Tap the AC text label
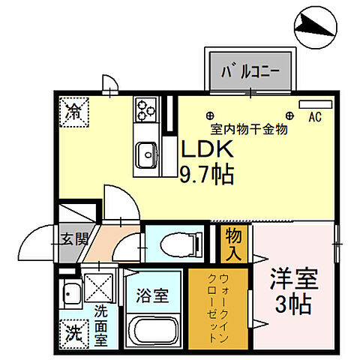click(x=315, y=117)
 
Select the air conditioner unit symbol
click(x=310, y=104)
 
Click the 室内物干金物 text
click(x=238, y=128)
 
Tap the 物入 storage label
click(x=233, y=245)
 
